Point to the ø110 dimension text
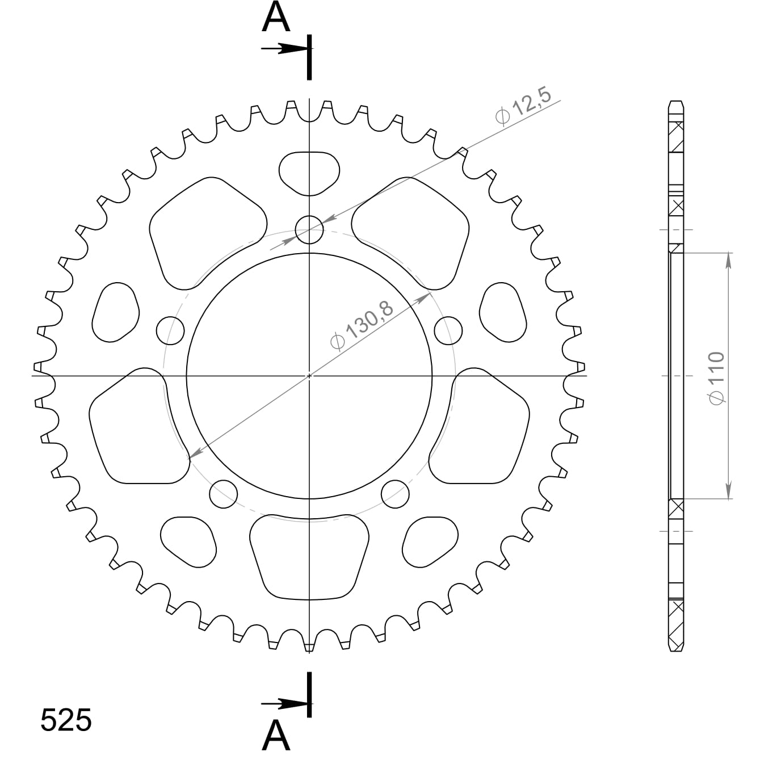click(717, 377)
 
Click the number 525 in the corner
click(66, 721)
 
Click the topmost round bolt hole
click(309, 230)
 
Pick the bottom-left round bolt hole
click(223, 494)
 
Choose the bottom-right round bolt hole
click(396, 494)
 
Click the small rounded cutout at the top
click(309, 172)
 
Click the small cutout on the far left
click(115, 312)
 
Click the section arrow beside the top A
click(284, 49)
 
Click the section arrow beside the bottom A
click(284, 704)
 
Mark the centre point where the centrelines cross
click(309, 375)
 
